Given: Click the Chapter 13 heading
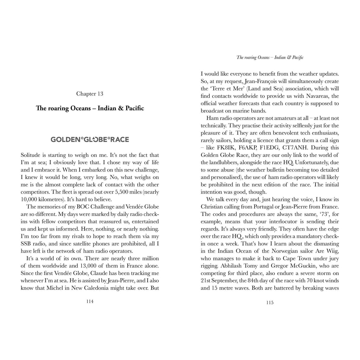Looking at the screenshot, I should coord(90,94).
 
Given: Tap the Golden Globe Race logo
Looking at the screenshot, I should coord(90,139).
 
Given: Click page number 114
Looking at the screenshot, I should coord(90,301).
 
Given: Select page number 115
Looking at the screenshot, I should coord(270,302).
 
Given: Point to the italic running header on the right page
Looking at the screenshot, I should coord(270,58).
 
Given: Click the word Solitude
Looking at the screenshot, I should coord(31,155).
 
